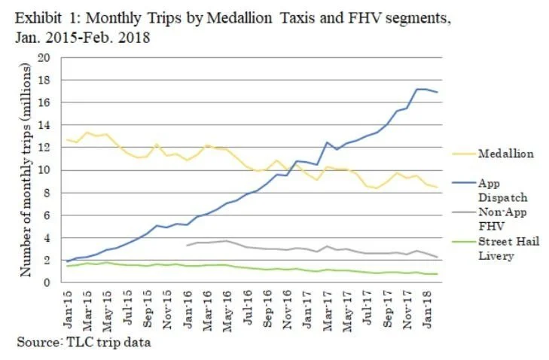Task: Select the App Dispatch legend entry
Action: coord(499,189)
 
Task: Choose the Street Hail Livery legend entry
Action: coord(508,248)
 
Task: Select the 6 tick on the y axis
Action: coord(52,215)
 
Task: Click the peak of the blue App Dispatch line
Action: coord(418,89)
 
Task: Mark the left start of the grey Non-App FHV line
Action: coord(187,246)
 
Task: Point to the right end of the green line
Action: coord(438,274)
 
